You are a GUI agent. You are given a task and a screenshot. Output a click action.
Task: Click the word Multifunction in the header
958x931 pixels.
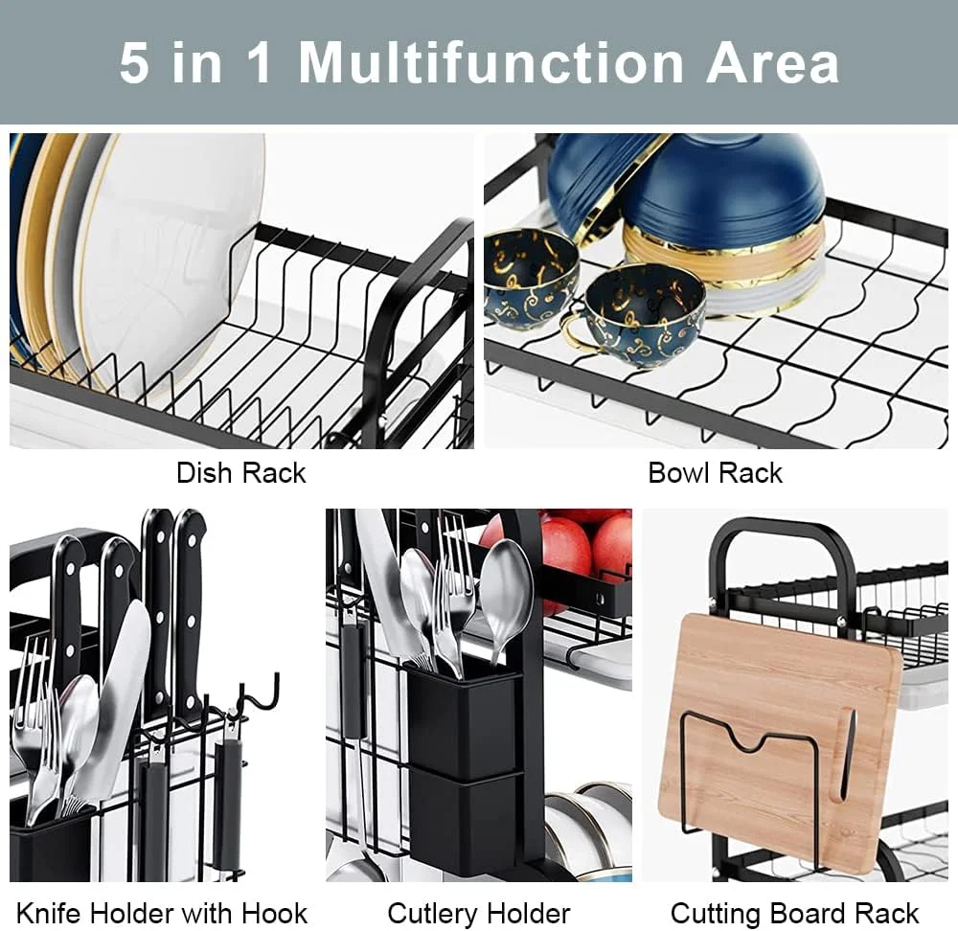point(490,63)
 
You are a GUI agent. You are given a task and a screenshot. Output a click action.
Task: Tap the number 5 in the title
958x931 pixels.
point(134,63)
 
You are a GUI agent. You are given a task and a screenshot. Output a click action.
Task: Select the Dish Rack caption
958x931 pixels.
point(240,473)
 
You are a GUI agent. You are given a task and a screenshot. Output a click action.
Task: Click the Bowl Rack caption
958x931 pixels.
point(715,473)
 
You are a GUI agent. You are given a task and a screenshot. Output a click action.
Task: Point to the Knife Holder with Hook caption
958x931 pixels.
point(162,914)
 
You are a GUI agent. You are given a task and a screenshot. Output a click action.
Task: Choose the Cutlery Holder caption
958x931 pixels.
point(479,915)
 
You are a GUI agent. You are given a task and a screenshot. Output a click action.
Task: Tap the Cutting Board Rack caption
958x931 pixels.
point(794,915)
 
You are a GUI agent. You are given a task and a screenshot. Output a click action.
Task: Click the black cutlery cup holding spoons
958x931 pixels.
point(463,721)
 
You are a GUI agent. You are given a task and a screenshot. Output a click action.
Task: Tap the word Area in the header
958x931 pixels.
point(773,63)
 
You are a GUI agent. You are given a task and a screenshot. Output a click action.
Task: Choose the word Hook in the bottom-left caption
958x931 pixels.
point(274,914)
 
